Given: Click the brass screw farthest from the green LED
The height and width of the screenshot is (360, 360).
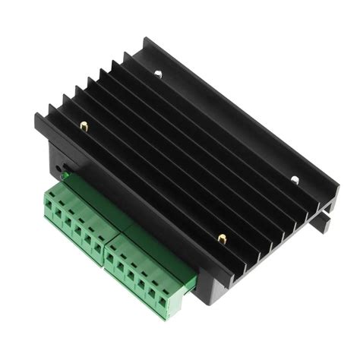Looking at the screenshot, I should [221, 238].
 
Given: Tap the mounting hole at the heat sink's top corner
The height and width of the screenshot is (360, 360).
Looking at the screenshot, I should [158, 74].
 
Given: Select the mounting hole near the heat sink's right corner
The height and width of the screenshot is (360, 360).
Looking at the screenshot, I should [295, 180].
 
